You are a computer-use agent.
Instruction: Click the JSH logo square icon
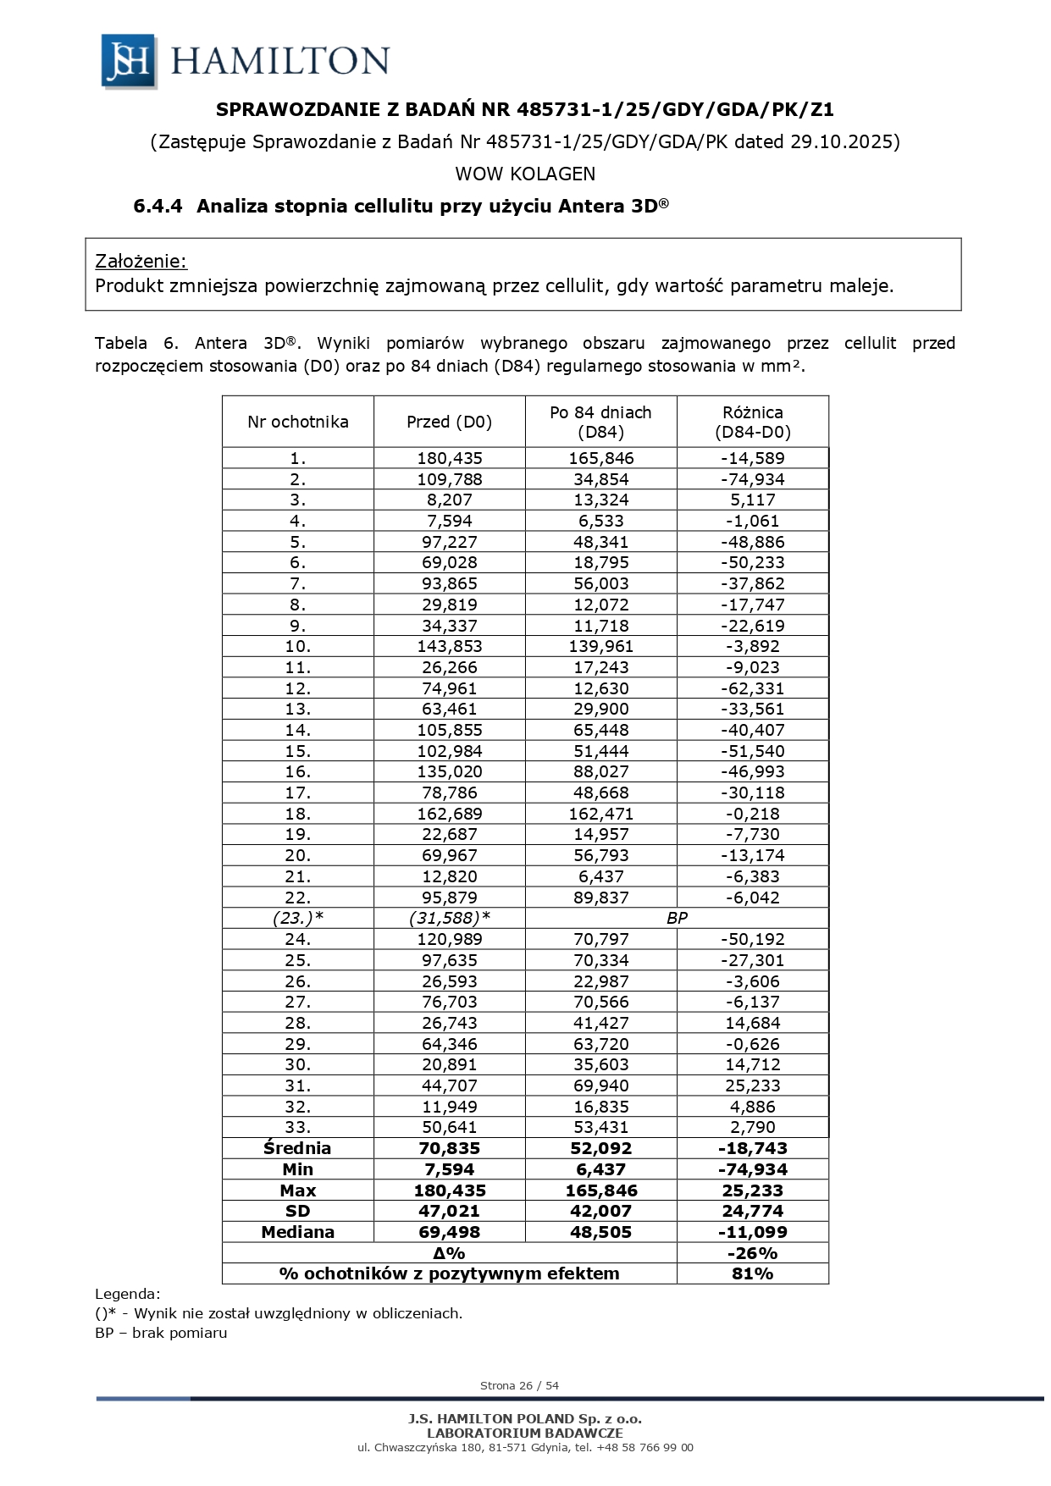pyautogui.click(x=128, y=61)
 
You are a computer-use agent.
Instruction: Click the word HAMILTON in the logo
pyautogui.click(x=279, y=61)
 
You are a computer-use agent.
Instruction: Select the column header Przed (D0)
pyautogui.click(x=449, y=422)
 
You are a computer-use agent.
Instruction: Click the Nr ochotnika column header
pyautogui.click(x=297, y=422)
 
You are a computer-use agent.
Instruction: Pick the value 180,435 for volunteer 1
pyautogui.click(x=449, y=458)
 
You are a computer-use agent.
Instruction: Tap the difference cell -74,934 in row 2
pyautogui.click(x=752, y=479)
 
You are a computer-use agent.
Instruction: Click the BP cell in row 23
pyautogui.click(x=677, y=918)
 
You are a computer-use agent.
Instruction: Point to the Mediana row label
pyautogui.click(x=297, y=1232)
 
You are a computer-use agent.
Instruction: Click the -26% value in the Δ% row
pyautogui.click(x=752, y=1253)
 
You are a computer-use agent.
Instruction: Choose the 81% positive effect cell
pyautogui.click(x=752, y=1273)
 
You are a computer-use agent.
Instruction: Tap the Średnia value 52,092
pyautogui.click(x=600, y=1148)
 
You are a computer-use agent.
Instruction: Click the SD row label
pyautogui.click(x=297, y=1211)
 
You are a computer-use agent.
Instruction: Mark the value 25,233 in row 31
pyautogui.click(x=752, y=1085)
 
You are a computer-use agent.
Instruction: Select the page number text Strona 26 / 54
pyautogui.click(x=519, y=1386)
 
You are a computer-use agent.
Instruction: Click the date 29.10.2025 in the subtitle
pyautogui.click(x=842, y=141)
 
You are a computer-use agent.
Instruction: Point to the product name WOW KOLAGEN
pyautogui.click(x=525, y=174)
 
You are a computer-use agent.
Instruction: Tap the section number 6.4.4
pyautogui.click(x=158, y=206)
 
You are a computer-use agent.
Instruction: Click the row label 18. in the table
pyautogui.click(x=297, y=814)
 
